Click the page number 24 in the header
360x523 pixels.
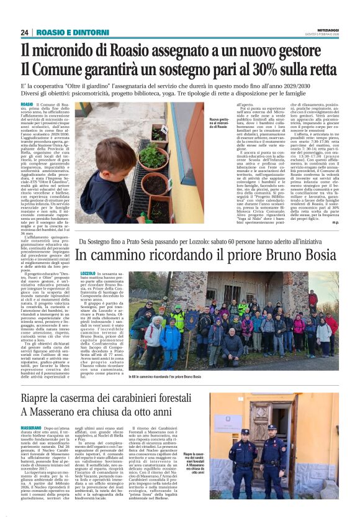coord(24,32)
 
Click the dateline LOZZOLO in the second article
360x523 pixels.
coord(88,273)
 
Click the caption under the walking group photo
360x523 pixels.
coord(165,377)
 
